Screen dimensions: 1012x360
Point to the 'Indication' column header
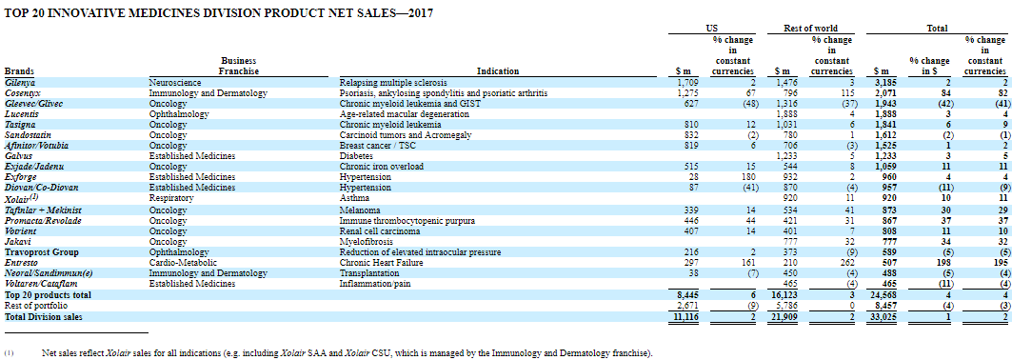coord(498,71)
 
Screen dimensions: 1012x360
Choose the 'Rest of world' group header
coord(809,29)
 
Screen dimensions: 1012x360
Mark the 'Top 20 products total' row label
coord(48,295)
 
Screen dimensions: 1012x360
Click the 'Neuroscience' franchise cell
coord(175,83)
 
